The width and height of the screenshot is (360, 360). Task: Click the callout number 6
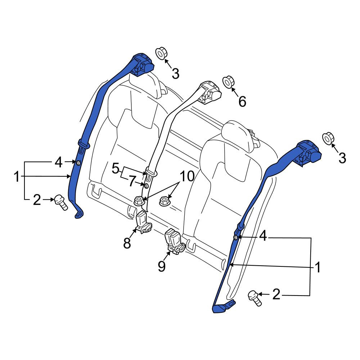[242, 101]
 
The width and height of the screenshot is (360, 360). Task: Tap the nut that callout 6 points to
[228, 82]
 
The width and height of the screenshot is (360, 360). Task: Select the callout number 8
[127, 243]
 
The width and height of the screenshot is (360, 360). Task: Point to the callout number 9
[161, 266]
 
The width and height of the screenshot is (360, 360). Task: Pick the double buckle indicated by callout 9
[175, 241]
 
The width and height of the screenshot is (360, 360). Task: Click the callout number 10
[187, 176]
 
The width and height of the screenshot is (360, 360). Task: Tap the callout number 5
[116, 168]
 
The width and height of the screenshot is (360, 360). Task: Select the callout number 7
[131, 181]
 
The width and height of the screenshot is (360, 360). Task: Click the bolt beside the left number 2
[61, 202]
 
